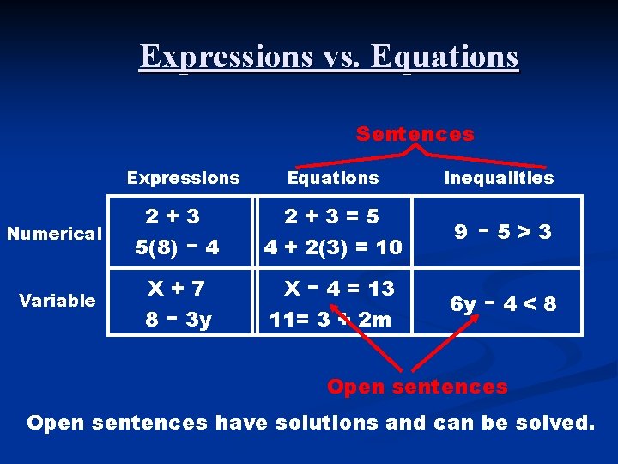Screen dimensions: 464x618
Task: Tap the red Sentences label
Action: pyautogui.click(x=415, y=134)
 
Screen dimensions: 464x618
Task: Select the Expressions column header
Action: pyautogui.click(x=183, y=178)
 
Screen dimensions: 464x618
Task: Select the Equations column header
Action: pyautogui.click(x=332, y=178)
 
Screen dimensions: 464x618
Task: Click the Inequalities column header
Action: pyautogui.click(x=499, y=178)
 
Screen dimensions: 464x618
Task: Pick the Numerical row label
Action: pyautogui.click(x=54, y=234)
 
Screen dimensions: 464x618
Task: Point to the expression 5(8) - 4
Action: pyautogui.click(x=178, y=247)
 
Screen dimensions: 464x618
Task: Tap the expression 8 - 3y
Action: pyautogui.click(x=178, y=320)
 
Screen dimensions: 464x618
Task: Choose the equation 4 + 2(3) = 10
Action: pyautogui.click(x=333, y=247)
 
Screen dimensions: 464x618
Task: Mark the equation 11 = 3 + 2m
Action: pyautogui.click(x=330, y=320)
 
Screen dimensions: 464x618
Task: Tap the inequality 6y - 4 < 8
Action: pyautogui.click(x=504, y=304)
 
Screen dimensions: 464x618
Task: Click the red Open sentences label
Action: pyautogui.click(x=417, y=387)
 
